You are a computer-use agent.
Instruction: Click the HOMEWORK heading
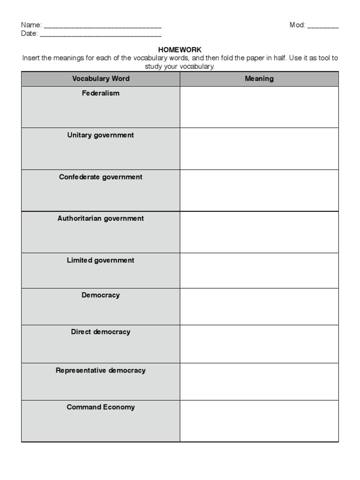pos(180,50)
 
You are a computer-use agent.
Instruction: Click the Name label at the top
pos(31,25)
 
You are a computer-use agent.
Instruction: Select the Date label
pos(29,34)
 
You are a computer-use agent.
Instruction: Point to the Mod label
pos(297,25)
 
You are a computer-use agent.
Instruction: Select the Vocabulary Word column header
pos(101,79)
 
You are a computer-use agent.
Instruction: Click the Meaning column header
pos(259,79)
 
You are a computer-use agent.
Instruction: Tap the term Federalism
pos(101,93)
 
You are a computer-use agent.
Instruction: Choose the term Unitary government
pos(101,135)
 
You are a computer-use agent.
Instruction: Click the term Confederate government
pos(101,177)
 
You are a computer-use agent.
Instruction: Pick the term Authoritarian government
pos(101,218)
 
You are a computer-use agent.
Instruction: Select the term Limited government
pos(101,261)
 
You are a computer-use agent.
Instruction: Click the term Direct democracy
pos(101,332)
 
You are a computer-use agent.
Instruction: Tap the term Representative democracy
pos(101,370)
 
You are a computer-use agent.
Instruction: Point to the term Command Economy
pos(101,407)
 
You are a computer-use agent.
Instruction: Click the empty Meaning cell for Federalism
pos(259,107)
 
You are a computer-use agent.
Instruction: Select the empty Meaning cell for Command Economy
pos(259,421)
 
